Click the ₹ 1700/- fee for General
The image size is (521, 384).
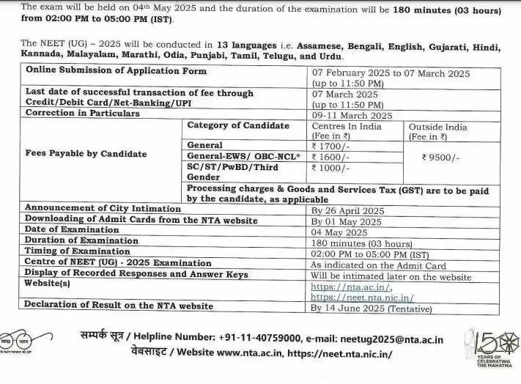(x=332, y=145)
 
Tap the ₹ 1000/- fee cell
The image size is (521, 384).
(x=332, y=168)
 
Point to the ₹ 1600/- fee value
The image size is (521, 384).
(x=332, y=156)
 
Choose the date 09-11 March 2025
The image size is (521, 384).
(x=352, y=115)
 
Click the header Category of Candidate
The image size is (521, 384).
(x=238, y=126)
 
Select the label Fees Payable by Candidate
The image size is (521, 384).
(x=86, y=154)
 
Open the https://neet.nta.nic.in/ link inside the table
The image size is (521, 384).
(x=362, y=298)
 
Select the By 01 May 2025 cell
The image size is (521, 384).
(x=346, y=221)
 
